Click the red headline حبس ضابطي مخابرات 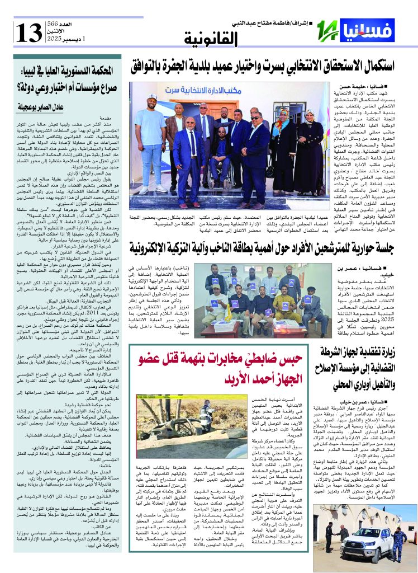pyautogui.click(x=224, y=369)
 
